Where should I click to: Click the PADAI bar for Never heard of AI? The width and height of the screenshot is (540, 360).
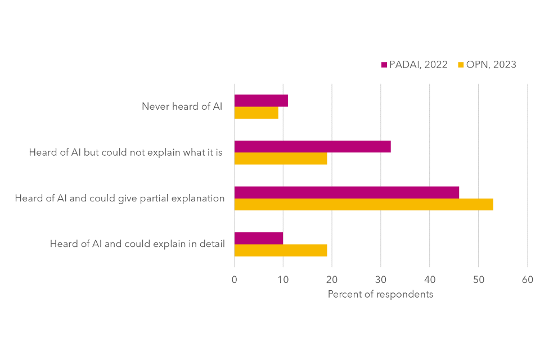tap(261, 101)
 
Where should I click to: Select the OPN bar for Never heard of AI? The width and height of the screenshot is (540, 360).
tap(256, 112)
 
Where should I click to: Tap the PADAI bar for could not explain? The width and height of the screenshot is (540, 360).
tap(312, 147)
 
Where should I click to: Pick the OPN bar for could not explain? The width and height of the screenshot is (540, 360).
tap(280, 159)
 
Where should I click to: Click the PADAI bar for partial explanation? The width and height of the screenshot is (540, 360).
tap(346, 192)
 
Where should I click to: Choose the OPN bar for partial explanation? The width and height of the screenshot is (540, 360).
tap(363, 204)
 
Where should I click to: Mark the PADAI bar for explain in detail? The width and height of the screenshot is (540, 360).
tap(258, 238)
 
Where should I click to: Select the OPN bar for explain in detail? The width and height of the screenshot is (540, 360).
tap(280, 250)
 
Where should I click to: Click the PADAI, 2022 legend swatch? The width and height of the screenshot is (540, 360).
tap(384, 65)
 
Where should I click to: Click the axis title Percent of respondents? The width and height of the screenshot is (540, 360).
tap(380, 294)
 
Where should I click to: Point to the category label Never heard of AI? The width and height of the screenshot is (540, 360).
tap(182, 106)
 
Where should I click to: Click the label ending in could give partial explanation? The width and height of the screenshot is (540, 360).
tap(120, 198)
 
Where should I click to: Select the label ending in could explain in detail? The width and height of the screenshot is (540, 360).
tap(137, 244)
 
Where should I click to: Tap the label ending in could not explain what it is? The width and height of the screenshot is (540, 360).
tap(125, 152)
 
